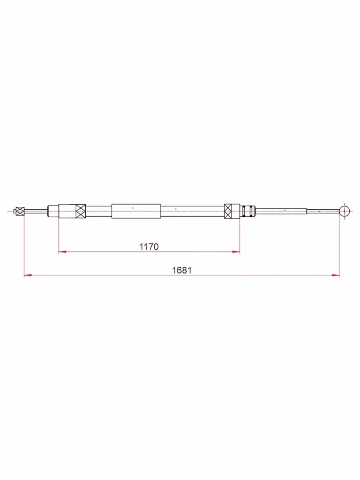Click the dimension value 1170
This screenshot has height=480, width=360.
click(149, 247)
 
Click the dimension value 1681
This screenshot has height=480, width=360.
click(182, 270)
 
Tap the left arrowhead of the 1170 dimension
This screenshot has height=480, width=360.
click(62, 252)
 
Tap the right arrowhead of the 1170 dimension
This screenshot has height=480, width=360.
click(236, 252)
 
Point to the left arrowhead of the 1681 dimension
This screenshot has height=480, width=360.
click(28, 275)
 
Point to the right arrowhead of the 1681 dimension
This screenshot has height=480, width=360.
click(336, 275)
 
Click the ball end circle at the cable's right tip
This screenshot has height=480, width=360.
click(344, 211)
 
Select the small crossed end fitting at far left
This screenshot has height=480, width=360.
click(20, 211)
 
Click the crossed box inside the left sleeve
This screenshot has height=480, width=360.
click(81, 211)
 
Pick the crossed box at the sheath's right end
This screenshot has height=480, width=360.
click(228, 211)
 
